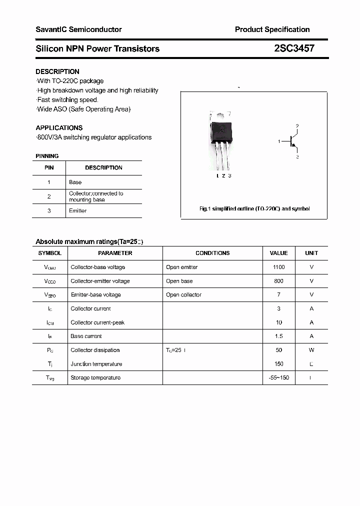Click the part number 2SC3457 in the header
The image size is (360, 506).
[294, 48]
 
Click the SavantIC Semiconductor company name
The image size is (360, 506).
[78, 29]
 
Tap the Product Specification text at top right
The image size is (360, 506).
[272, 29]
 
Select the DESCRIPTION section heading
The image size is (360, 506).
[57, 71]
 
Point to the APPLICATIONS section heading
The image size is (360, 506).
[59, 127]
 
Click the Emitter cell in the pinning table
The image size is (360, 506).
[77, 211]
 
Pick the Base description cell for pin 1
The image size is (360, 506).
[75, 182]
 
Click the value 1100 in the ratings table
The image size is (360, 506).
[278, 267]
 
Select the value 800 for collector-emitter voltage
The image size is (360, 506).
[278, 281]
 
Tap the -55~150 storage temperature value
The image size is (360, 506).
[278, 377]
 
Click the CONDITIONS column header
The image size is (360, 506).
[212, 253]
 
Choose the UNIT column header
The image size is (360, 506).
[311, 253]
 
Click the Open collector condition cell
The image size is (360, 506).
[183, 295]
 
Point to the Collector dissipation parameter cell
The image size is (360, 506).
[95, 350]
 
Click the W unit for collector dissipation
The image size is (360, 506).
[311, 350]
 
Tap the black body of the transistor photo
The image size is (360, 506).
[221, 131]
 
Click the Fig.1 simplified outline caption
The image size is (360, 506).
[254, 208]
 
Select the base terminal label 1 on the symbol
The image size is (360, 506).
[279, 142]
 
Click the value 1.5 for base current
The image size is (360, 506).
[278, 336]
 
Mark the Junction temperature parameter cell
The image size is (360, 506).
[96, 364]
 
